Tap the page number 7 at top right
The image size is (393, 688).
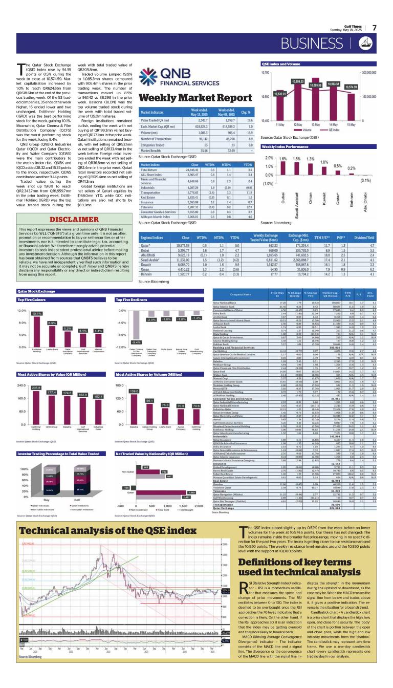pos(374,28)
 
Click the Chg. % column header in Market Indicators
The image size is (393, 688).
pos(245,112)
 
